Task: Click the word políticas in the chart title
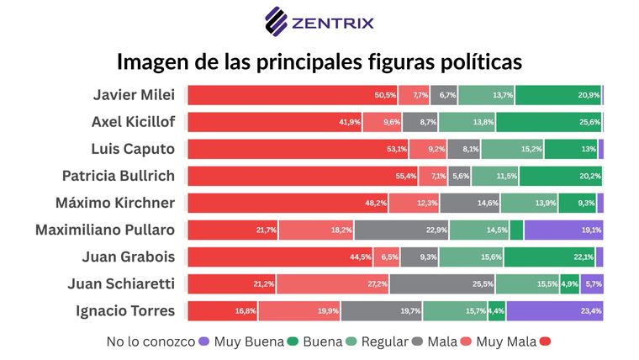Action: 473,62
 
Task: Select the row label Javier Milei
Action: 134,95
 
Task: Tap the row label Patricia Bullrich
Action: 119,176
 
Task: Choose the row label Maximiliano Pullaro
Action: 105,230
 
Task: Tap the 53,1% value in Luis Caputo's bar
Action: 397,149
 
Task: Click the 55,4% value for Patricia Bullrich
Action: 406,176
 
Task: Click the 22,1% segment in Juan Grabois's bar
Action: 549,257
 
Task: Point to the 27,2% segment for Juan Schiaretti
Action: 333,283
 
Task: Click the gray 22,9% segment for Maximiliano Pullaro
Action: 402,230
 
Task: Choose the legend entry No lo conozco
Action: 151,341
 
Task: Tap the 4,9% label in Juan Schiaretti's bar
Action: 569,283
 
